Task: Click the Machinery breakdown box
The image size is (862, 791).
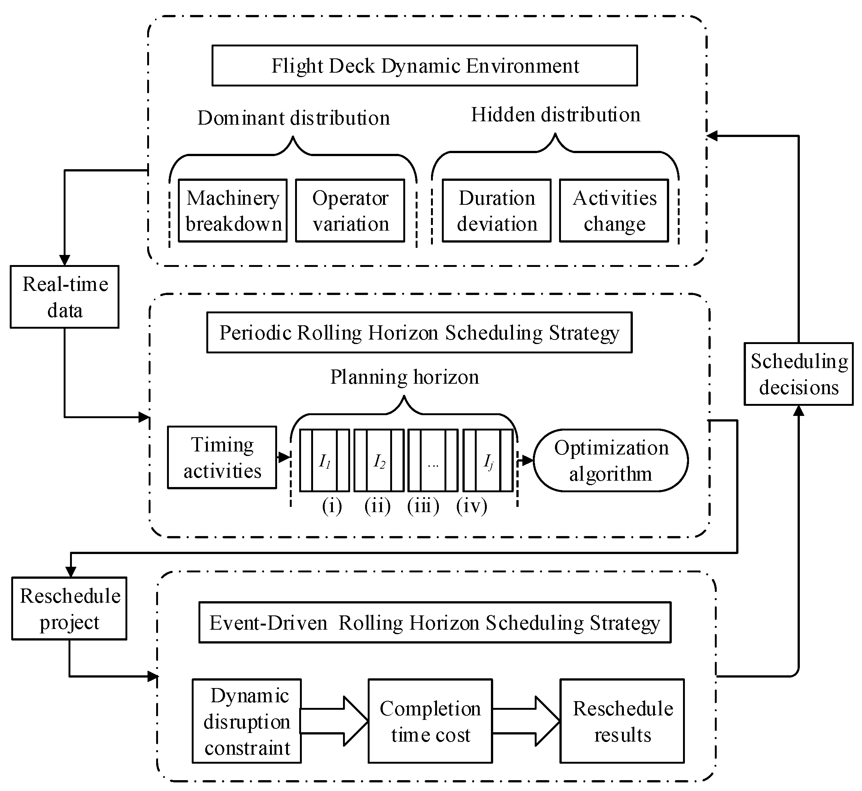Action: tap(233, 211)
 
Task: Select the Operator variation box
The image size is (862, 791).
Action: tap(350, 211)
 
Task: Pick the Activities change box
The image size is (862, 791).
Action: tap(614, 211)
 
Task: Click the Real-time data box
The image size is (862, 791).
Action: tap(65, 297)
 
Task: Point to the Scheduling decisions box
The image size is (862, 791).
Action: tap(798, 374)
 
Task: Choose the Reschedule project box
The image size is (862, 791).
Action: tap(69, 609)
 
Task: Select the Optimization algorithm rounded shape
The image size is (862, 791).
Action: tap(611, 460)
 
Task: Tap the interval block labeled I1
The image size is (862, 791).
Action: tap(325, 460)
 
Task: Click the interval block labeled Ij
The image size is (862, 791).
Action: tap(488, 460)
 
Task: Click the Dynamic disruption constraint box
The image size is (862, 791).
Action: tap(247, 721)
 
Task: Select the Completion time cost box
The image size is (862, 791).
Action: tap(430, 721)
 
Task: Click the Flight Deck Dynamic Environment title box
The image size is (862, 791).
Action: tap(425, 66)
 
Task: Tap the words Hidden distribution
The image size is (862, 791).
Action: tap(555, 115)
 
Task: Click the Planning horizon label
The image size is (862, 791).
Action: tap(404, 377)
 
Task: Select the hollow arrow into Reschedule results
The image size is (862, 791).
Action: tap(529, 721)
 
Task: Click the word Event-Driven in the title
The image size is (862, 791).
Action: tap(268, 623)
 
